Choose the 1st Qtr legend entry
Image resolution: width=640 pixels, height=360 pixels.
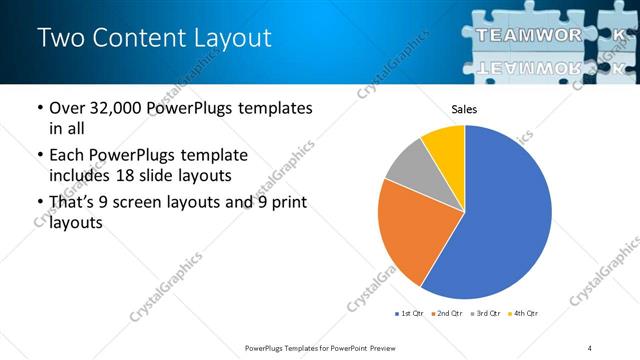[409, 314]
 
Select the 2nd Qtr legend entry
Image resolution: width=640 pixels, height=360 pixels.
[447, 314]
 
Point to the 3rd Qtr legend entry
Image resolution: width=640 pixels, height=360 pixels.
[486, 314]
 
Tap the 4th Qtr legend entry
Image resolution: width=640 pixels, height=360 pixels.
[524, 314]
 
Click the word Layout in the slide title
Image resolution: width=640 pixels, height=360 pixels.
[229, 39]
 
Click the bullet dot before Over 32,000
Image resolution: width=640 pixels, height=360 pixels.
[39, 108]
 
